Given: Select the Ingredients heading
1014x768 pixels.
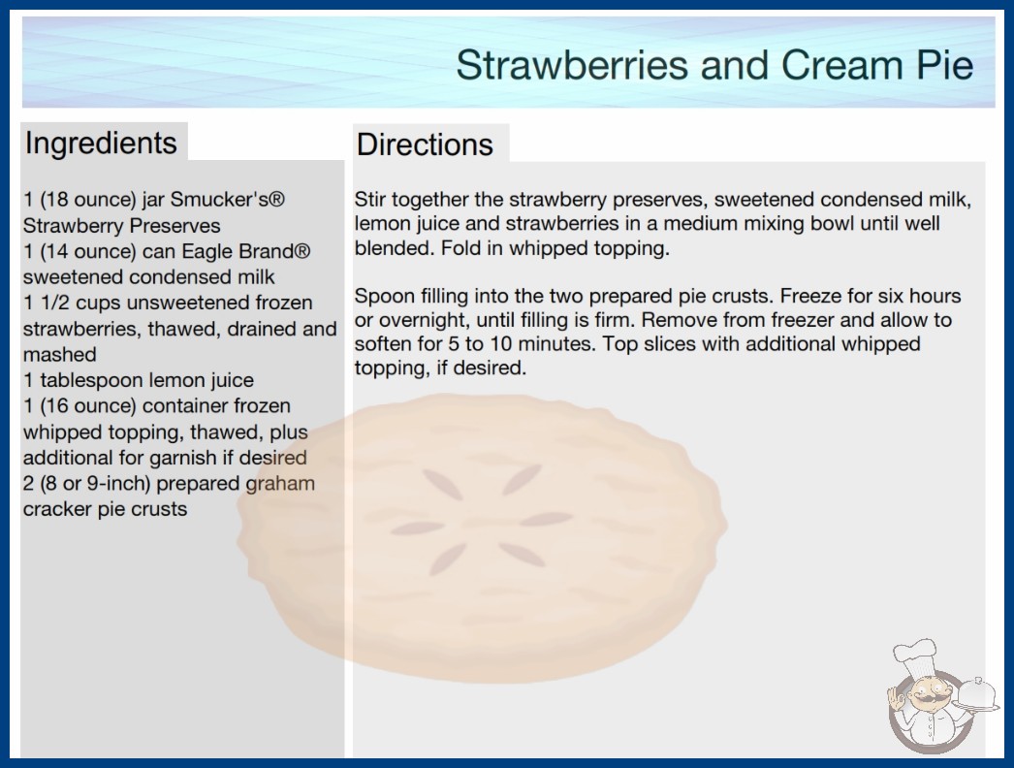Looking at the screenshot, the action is click(101, 144).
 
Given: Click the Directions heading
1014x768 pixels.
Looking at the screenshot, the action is click(425, 144).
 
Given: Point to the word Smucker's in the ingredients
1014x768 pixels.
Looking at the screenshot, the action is click(227, 199).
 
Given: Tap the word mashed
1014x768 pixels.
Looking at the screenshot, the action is click(59, 354).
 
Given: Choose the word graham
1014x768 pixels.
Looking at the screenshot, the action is click(280, 484).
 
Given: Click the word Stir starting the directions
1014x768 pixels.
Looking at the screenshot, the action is click(369, 200).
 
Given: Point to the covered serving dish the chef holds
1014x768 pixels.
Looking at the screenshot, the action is click(976, 694).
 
